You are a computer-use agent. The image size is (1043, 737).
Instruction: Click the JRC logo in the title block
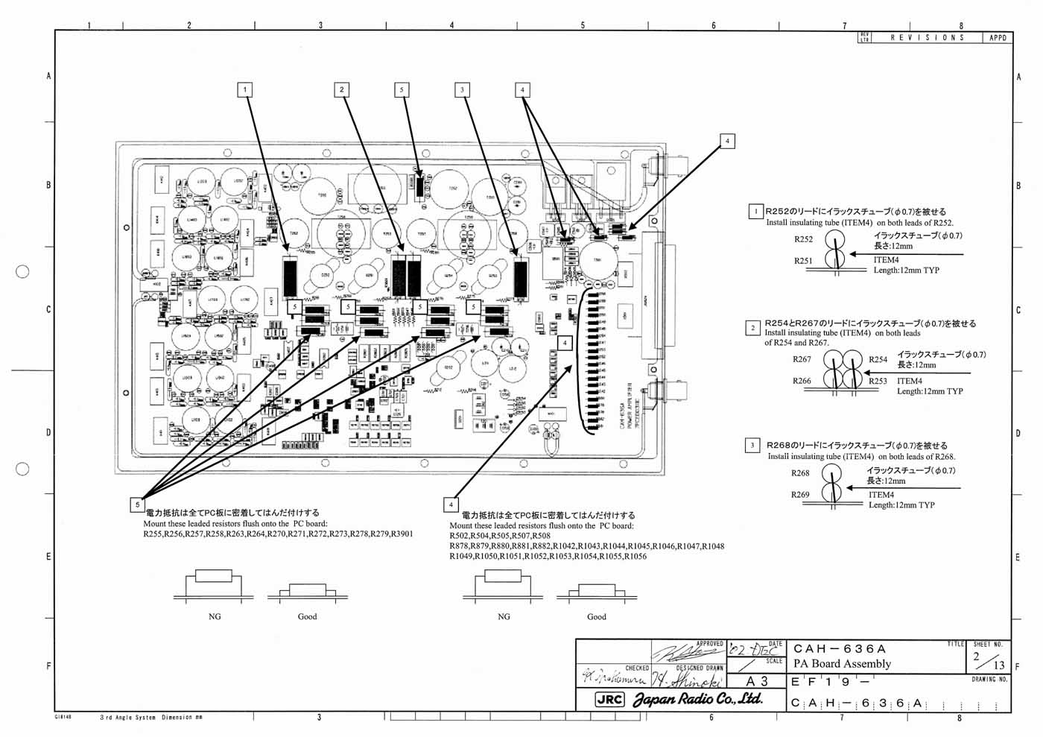[x=609, y=700]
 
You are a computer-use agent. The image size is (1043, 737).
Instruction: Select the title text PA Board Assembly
[x=842, y=664]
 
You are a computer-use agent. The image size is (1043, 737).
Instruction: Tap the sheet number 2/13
[x=988, y=660]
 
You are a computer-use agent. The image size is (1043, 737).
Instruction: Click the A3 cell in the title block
[x=756, y=681]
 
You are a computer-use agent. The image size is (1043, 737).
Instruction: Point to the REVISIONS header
[x=928, y=37]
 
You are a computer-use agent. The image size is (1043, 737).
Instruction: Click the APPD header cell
[x=998, y=37]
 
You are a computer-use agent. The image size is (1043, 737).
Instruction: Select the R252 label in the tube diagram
[x=803, y=239]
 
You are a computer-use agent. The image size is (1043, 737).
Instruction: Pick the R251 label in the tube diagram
[x=803, y=261]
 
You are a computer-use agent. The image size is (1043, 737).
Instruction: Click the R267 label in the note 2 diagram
[x=802, y=359]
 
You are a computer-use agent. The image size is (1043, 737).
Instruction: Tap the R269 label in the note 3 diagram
[x=800, y=495]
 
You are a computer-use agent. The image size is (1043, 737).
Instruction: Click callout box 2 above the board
[x=342, y=90]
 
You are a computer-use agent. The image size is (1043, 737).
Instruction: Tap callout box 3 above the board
[x=462, y=90]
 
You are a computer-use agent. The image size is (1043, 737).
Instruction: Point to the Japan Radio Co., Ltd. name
[x=697, y=700]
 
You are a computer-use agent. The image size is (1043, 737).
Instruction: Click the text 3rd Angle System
[x=128, y=718]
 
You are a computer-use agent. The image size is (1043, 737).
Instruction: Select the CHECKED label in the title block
[x=637, y=668]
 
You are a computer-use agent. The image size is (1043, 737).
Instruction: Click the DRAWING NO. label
[x=989, y=680]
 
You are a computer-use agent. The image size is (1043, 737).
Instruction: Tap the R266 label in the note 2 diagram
[x=802, y=382]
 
